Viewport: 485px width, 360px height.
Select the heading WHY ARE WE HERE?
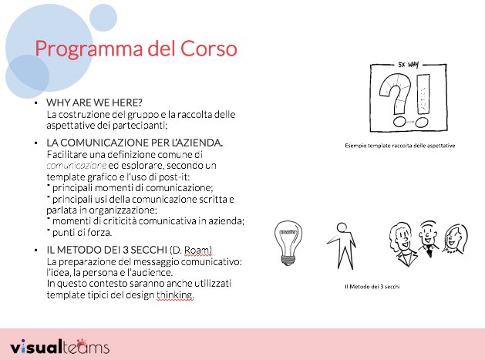(94, 103)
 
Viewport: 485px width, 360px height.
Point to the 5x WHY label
(406, 66)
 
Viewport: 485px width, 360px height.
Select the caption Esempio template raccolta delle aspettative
(400, 145)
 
